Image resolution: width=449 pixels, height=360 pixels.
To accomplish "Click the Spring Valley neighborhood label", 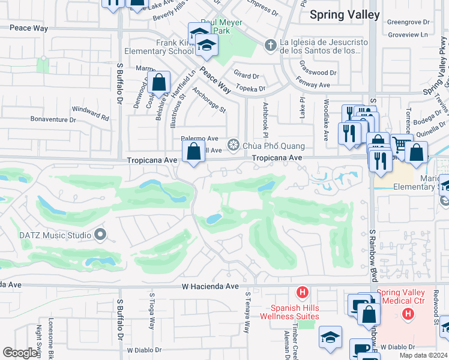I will click(x=345, y=14).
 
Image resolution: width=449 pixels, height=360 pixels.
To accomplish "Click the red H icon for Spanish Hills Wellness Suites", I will click(x=303, y=293).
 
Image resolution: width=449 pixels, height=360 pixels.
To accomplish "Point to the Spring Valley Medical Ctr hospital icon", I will click(x=408, y=313).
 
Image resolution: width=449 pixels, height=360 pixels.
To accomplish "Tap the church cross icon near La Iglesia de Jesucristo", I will click(x=270, y=44).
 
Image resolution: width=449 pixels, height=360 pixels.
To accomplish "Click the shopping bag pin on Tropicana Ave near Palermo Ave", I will click(x=194, y=152).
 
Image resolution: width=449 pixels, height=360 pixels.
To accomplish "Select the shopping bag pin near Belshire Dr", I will click(x=160, y=83).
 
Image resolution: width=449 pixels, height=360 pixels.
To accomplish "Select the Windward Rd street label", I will click(x=91, y=113).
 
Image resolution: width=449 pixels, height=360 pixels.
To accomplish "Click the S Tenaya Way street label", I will click(x=247, y=313).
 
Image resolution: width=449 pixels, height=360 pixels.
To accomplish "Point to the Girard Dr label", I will click(x=246, y=76).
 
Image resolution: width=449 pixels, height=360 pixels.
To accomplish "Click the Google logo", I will click(x=20, y=353).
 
